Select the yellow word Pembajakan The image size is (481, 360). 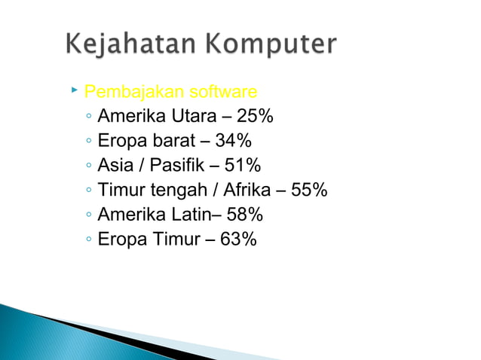pos(124,93)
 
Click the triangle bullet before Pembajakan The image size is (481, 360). pos(74,90)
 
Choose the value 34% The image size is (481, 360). pos(233,141)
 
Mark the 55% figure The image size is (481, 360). pos(309,191)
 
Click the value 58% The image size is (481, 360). pos(245,215)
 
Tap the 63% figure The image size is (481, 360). pos(238,239)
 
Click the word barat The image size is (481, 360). pos(174,141)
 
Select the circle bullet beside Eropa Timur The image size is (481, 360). pos(89,241)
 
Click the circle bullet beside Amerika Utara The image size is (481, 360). pos(89,118)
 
